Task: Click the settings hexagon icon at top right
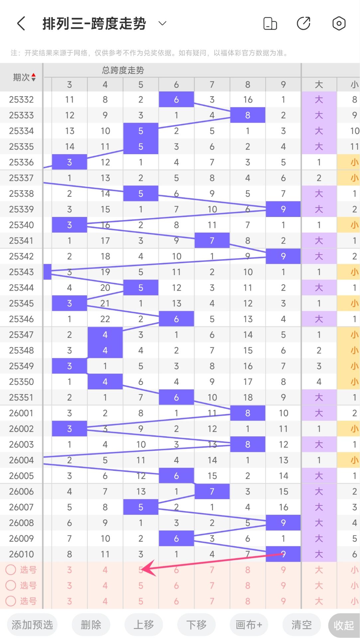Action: pyautogui.click(x=339, y=24)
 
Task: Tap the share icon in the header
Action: pyautogui.click(x=303, y=24)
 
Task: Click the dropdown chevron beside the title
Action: pyautogui.click(x=162, y=23)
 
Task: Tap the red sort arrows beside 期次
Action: pyautogui.click(x=33, y=77)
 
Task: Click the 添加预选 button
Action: pyautogui.click(x=32, y=625)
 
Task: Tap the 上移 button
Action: pyautogui.click(x=144, y=625)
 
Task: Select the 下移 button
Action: pyautogui.click(x=196, y=625)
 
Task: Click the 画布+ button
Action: pyautogui.click(x=249, y=625)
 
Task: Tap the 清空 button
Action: pyautogui.click(x=301, y=625)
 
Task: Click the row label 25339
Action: pyautogui.click(x=21, y=209)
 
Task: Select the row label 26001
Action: pyautogui.click(x=21, y=413)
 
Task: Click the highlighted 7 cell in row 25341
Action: pyautogui.click(x=212, y=241)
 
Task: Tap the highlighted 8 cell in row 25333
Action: pyautogui.click(x=248, y=115)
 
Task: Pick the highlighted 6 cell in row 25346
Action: pyautogui.click(x=177, y=319)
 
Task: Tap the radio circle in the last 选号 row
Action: pyautogui.click(x=11, y=601)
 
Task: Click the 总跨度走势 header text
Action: pyautogui.click(x=123, y=70)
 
